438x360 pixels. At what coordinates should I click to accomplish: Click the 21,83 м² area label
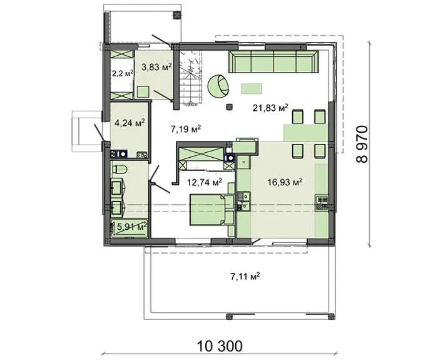[270, 107]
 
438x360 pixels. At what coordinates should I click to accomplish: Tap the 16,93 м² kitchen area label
[285, 183]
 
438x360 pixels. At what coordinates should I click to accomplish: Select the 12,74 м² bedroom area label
[205, 182]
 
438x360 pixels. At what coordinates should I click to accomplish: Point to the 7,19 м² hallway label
[186, 129]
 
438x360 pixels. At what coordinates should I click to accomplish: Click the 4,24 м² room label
[130, 123]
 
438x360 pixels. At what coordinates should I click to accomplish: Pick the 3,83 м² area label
[156, 67]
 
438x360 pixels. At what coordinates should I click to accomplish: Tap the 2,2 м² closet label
[123, 73]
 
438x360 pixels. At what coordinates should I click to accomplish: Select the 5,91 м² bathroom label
[132, 227]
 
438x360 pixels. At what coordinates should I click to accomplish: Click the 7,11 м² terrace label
[245, 277]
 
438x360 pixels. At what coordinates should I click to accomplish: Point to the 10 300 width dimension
[220, 346]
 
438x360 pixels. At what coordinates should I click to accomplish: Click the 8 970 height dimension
[362, 144]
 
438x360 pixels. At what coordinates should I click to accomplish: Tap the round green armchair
[218, 86]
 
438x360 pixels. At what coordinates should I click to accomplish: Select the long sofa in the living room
[273, 62]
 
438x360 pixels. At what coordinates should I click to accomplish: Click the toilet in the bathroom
[120, 169]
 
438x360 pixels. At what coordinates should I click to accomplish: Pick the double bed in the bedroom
[211, 210]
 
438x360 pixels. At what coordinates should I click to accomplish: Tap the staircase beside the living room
[191, 76]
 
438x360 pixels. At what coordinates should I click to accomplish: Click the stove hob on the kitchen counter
[322, 203]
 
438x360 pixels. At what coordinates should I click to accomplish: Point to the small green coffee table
[252, 89]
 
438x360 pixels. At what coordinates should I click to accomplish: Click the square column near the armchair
[230, 106]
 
